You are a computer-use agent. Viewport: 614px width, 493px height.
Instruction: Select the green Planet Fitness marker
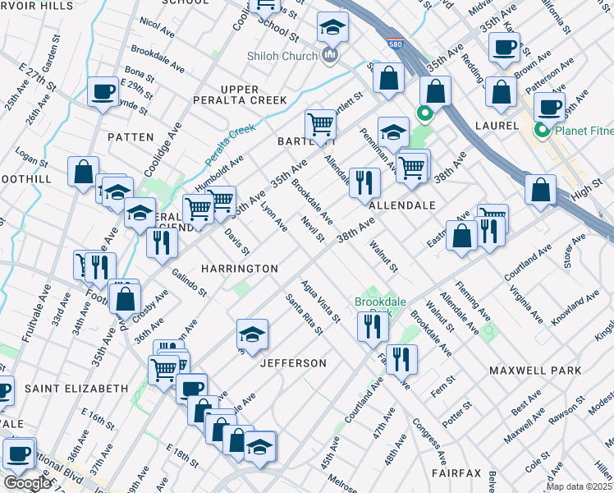(542, 131)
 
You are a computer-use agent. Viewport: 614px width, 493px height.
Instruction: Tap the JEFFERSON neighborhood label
(293, 362)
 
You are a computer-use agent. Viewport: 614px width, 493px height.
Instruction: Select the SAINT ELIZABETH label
(76, 388)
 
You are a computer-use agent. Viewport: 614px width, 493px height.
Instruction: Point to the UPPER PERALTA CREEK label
(253, 94)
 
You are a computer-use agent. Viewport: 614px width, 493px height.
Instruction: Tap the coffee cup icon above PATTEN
(103, 91)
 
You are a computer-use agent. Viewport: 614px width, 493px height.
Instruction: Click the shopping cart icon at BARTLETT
(320, 125)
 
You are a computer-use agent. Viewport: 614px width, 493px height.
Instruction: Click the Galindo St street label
(190, 282)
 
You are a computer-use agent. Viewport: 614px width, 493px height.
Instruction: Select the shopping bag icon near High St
(540, 189)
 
